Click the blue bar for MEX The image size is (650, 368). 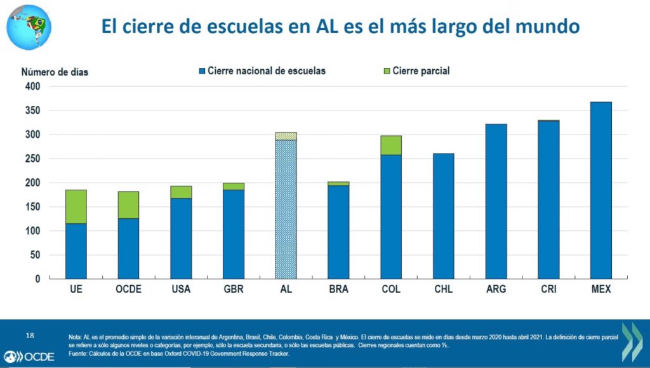tap(600, 190)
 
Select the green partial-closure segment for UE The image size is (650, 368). tap(76, 206)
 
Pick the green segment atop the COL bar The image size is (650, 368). tap(390, 145)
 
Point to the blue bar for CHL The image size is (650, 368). tap(443, 216)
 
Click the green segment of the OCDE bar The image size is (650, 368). tap(128, 205)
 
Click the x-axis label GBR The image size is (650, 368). tap(234, 290)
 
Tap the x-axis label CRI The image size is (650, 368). tap(548, 290)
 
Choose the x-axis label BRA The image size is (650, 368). tap(338, 290)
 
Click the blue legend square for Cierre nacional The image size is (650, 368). tap(202, 71)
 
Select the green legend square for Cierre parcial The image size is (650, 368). tap(387, 71)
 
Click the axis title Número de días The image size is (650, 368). tap(55, 72)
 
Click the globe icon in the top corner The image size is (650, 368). tap(29, 27)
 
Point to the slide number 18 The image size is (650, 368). tap(29, 334)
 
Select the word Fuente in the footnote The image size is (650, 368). tap(81, 353)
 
